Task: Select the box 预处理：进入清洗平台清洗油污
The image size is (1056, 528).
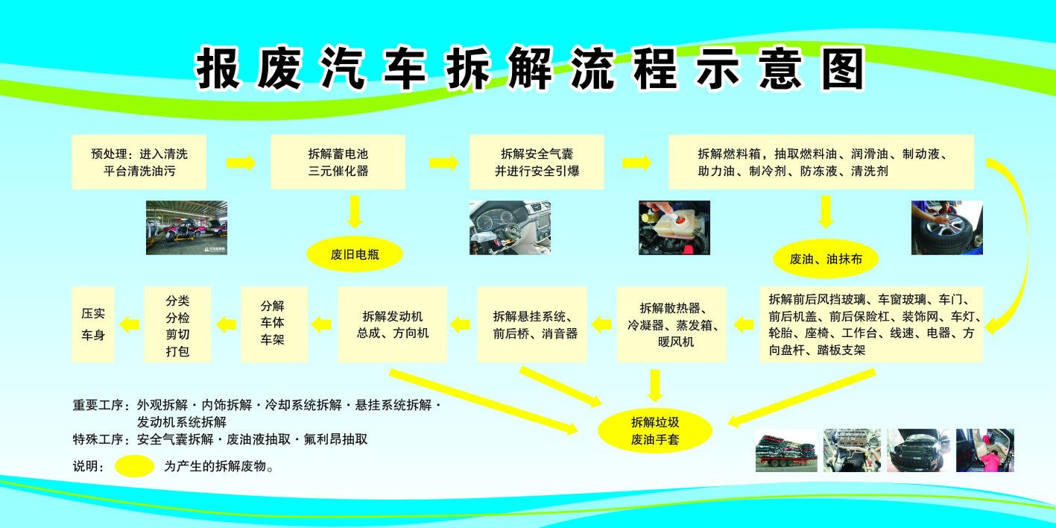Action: click(x=139, y=162)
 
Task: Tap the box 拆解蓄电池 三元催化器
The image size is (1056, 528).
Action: click(x=338, y=162)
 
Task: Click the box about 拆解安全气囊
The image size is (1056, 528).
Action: click(x=537, y=162)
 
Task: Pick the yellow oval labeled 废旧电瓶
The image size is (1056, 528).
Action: click(x=355, y=254)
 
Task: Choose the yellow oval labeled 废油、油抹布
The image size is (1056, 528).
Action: click(x=825, y=259)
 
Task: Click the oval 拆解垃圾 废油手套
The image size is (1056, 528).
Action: click(x=655, y=430)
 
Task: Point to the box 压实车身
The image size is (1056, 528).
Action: click(x=93, y=324)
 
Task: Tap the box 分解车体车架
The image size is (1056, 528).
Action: click(x=274, y=324)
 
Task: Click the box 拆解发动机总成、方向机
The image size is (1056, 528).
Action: click(x=392, y=324)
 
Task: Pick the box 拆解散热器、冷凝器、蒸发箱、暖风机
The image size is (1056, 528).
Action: click(x=671, y=324)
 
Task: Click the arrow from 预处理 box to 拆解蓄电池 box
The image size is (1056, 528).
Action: click(x=240, y=163)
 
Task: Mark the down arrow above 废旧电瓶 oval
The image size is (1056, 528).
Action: click(x=355, y=212)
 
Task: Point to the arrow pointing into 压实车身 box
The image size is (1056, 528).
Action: click(x=130, y=324)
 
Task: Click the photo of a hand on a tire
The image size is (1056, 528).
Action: click(x=946, y=227)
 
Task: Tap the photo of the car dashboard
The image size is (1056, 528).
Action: click(x=510, y=227)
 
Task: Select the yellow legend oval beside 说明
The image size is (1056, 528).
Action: click(x=135, y=466)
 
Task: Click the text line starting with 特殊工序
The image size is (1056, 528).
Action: click(x=221, y=439)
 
